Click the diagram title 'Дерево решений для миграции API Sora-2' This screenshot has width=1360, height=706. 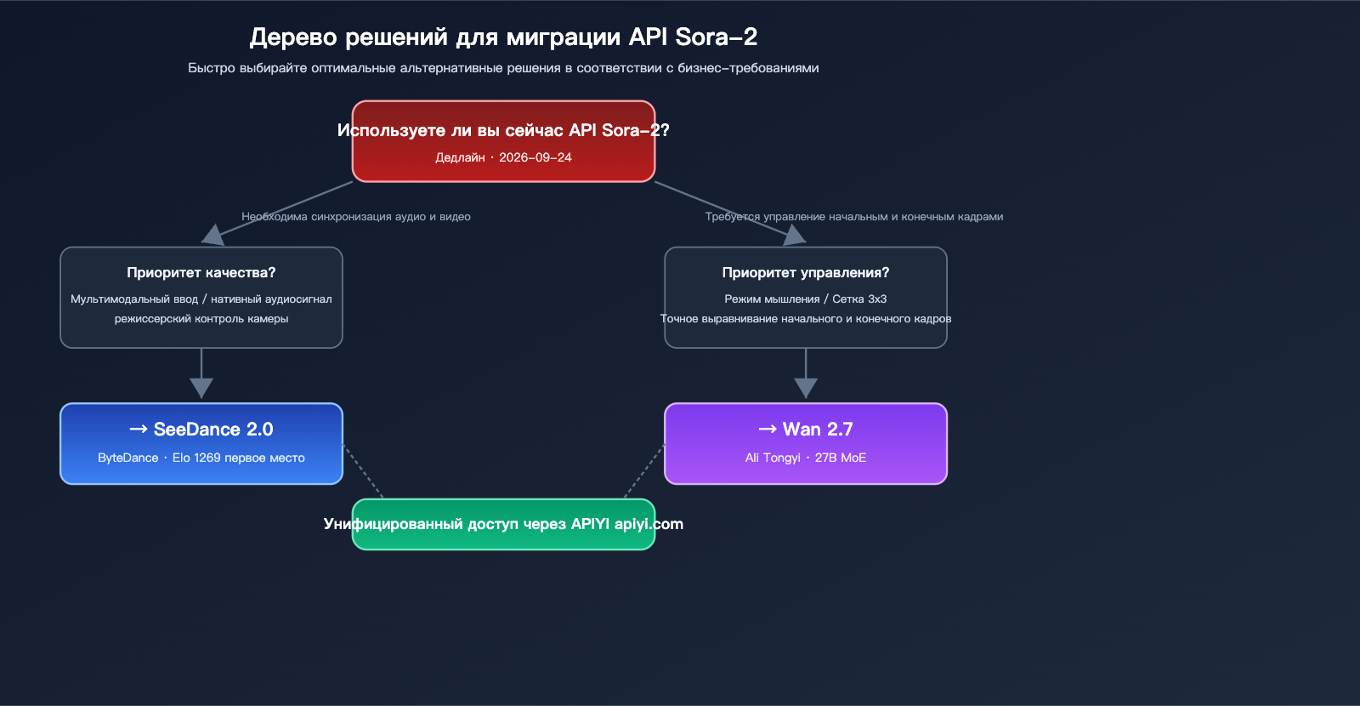coord(503,37)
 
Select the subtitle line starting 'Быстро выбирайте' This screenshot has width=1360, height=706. coord(503,68)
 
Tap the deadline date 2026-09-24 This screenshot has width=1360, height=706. coord(535,157)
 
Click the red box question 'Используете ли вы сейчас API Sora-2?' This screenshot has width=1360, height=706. coord(503,130)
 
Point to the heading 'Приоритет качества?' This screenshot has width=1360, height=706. coord(201,273)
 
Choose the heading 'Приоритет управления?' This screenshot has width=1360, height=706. coord(805,273)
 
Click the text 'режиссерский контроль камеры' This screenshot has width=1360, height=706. coord(201,319)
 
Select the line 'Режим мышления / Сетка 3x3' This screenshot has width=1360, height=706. coord(805,299)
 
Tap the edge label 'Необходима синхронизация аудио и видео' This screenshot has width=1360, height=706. coord(356,217)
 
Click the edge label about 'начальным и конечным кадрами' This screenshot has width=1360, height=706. coord(854,217)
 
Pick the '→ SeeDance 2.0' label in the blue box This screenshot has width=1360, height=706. coord(201,430)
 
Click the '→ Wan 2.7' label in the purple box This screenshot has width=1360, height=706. coord(805,430)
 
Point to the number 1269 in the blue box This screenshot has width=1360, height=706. coord(207,458)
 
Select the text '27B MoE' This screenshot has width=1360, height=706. coord(841,458)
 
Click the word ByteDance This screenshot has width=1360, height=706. coord(127,458)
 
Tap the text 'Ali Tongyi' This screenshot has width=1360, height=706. coord(773,458)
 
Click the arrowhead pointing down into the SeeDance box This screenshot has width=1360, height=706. coord(201,389)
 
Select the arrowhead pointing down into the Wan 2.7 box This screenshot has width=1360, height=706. coord(805,389)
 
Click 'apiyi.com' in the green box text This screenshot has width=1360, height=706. coord(649,524)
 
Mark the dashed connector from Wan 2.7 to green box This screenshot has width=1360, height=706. coord(644,471)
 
